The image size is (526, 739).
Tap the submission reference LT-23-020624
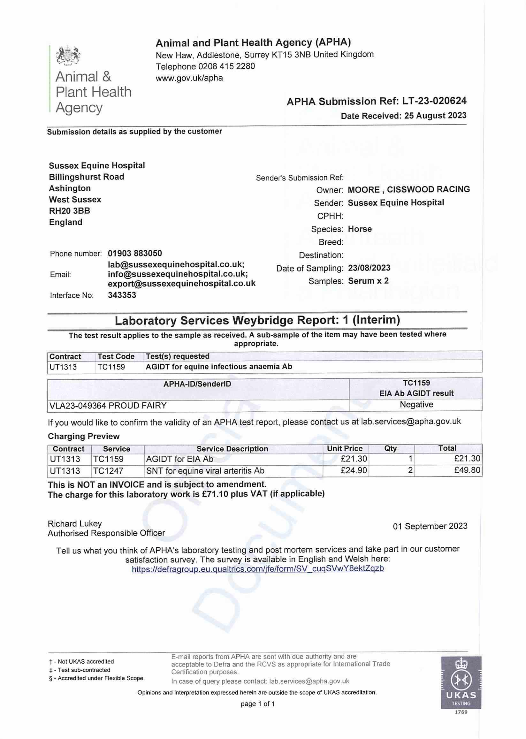[x=434, y=101]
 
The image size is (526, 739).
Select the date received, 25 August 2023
[x=435, y=116]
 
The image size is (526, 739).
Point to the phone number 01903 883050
[x=135, y=253]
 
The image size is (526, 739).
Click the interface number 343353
[x=122, y=295]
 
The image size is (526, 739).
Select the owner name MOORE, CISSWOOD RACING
[x=408, y=189]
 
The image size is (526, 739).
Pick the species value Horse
[x=360, y=229]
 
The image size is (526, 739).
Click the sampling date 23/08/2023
[x=369, y=268]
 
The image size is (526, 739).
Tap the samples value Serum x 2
[x=368, y=281]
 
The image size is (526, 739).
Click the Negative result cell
[x=416, y=405]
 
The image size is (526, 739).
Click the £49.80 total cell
[x=467, y=470]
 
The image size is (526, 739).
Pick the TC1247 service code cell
[x=108, y=470]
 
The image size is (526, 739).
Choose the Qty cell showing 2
[x=410, y=470]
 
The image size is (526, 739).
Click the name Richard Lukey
[x=74, y=524]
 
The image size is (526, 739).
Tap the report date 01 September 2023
[x=430, y=526]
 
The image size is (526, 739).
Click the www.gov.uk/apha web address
[x=189, y=78]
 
